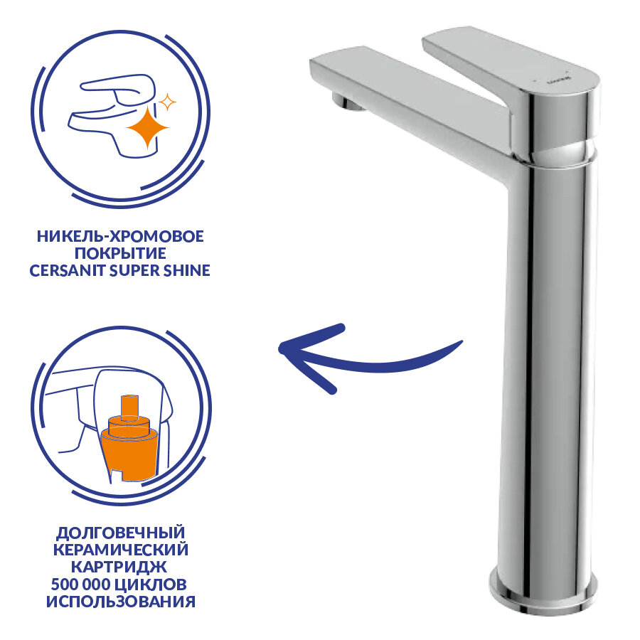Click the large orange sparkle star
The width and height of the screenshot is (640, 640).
[147, 128]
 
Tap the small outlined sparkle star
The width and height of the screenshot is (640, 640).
[167, 102]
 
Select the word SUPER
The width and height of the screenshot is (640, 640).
[136, 271]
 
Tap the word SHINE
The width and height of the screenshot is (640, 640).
[187, 271]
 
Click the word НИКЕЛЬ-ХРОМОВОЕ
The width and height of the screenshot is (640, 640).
[120, 236]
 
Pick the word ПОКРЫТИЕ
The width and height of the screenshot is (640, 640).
[120, 253]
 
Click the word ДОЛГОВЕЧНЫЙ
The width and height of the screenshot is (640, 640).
[120, 533]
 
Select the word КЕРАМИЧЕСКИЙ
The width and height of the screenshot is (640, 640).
[121, 550]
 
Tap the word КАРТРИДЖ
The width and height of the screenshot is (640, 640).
[119, 567]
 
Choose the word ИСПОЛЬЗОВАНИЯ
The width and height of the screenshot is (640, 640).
[121, 602]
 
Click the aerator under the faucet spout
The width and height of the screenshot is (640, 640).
[347, 101]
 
